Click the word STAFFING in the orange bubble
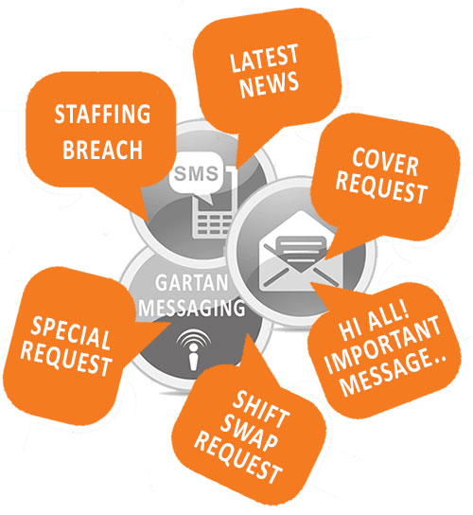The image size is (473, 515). [x=102, y=114]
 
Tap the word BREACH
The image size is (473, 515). [x=102, y=150]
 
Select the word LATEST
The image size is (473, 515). [x=264, y=58]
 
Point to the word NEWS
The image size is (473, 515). [x=270, y=85]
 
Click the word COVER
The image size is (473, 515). [x=385, y=162]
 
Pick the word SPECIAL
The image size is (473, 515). [x=71, y=333]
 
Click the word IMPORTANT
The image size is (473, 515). [x=383, y=345]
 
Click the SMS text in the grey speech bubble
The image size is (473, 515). [x=196, y=173]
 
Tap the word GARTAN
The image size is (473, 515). [x=192, y=283]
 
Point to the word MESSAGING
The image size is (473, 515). [x=192, y=308]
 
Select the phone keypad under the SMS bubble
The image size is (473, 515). [x=213, y=223]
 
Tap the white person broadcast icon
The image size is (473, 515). [x=193, y=349]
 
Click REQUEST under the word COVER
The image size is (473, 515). [x=381, y=187]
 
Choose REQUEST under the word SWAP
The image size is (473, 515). [x=238, y=457]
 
